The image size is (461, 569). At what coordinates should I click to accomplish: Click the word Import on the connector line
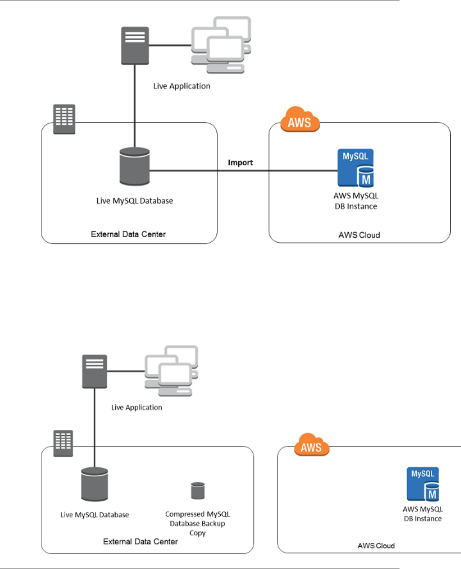pyautogui.click(x=240, y=163)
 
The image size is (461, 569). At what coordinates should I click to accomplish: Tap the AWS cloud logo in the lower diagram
pyautogui.click(x=311, y=445)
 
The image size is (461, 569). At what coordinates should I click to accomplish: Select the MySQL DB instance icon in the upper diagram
pyautogui.click(x=356, y=168)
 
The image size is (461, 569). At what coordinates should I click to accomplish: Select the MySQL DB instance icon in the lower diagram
pyautogui.click(x=423, y=484)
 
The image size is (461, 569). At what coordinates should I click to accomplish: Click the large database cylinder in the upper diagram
pyautogui.click(x=134, y=167)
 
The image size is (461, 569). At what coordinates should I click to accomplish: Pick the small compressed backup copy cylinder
pyautogui.click(x=198, y=490)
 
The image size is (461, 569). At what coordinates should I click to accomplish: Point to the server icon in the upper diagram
pyautogui.click(x=135, y=46)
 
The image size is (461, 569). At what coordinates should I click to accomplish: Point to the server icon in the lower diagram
pyautogui.click(x=94, y=371)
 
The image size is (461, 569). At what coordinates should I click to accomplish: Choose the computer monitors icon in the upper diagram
pyautogui.click(x=221, y=45)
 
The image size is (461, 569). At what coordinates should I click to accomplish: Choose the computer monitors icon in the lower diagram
pyautogui.click(x=171, y=371)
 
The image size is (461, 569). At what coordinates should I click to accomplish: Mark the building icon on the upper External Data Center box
pyautogui.click(x=64, y=119)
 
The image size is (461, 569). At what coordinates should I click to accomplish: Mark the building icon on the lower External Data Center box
pyautogui.click(x=63, y=443)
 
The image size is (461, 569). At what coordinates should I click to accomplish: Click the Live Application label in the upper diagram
pyautogui.click(x=182, y=86)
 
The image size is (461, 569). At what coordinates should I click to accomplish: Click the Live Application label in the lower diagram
pyautogui.click(x=137, y=408)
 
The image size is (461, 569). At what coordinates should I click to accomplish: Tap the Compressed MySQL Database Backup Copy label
pyautogui.click(x=197, y=523)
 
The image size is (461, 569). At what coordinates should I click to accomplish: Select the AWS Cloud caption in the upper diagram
pyautogui.click(x=359, y=235)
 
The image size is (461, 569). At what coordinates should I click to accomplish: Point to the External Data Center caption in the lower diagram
pyautogui.click(x=140, y=542)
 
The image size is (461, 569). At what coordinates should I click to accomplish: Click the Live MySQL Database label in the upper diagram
pyautogui.click(x=134, y=201)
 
